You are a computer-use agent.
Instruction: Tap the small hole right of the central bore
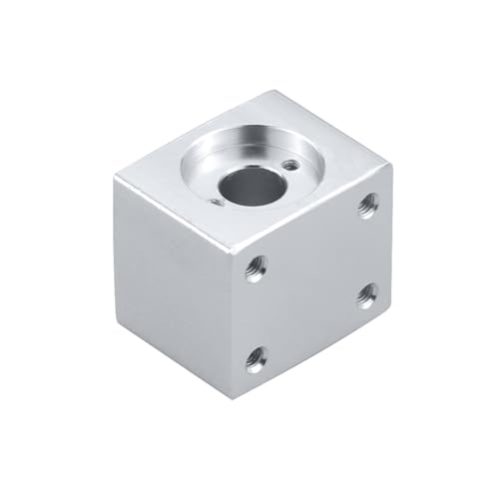point(289,165)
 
